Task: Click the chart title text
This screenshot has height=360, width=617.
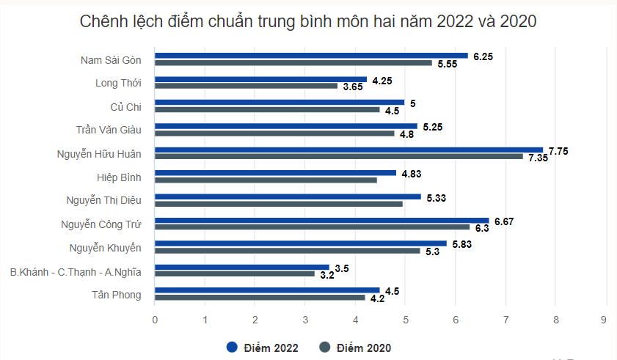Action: pyautogui.click(x=308, y=22)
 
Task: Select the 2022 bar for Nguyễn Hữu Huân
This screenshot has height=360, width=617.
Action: pyautogui.click(x=348, y=150)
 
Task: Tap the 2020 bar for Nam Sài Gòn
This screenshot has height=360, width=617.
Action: pyautogui.click(x=293, y=63)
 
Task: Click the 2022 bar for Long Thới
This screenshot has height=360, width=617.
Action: pyautogui.click(x=260, y=79)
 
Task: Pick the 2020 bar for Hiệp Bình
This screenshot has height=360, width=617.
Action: pyautogui.click(x=266, y=180)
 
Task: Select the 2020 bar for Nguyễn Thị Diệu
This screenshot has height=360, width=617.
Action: pyautogui.click(x=279, y=203)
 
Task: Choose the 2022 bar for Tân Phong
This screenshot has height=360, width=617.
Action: pyautogui.click(x=267, y=290)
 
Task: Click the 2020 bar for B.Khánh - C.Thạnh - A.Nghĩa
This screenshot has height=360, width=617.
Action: pyautogui.click(x=235, y=273)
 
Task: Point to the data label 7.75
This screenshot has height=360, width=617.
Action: pyautogui.click(x=558, y=150)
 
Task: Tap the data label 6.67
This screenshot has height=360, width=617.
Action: pyautogui.click(x=504, y=221)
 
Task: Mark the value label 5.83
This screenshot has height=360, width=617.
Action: pyautogui.click(x=462, y=244)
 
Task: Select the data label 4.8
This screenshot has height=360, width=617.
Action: pyautogui.click(x=406, y=134)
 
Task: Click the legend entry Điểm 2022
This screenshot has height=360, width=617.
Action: pyautogui.click(x=263, y=348)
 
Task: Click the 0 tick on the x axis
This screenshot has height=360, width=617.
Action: pyautogui.click(x=155, y=320)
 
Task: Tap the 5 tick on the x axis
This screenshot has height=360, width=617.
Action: pyautogui.click(x=406, y=320)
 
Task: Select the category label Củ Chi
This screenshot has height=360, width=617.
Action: pyautogui.click(x=125, y=107)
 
